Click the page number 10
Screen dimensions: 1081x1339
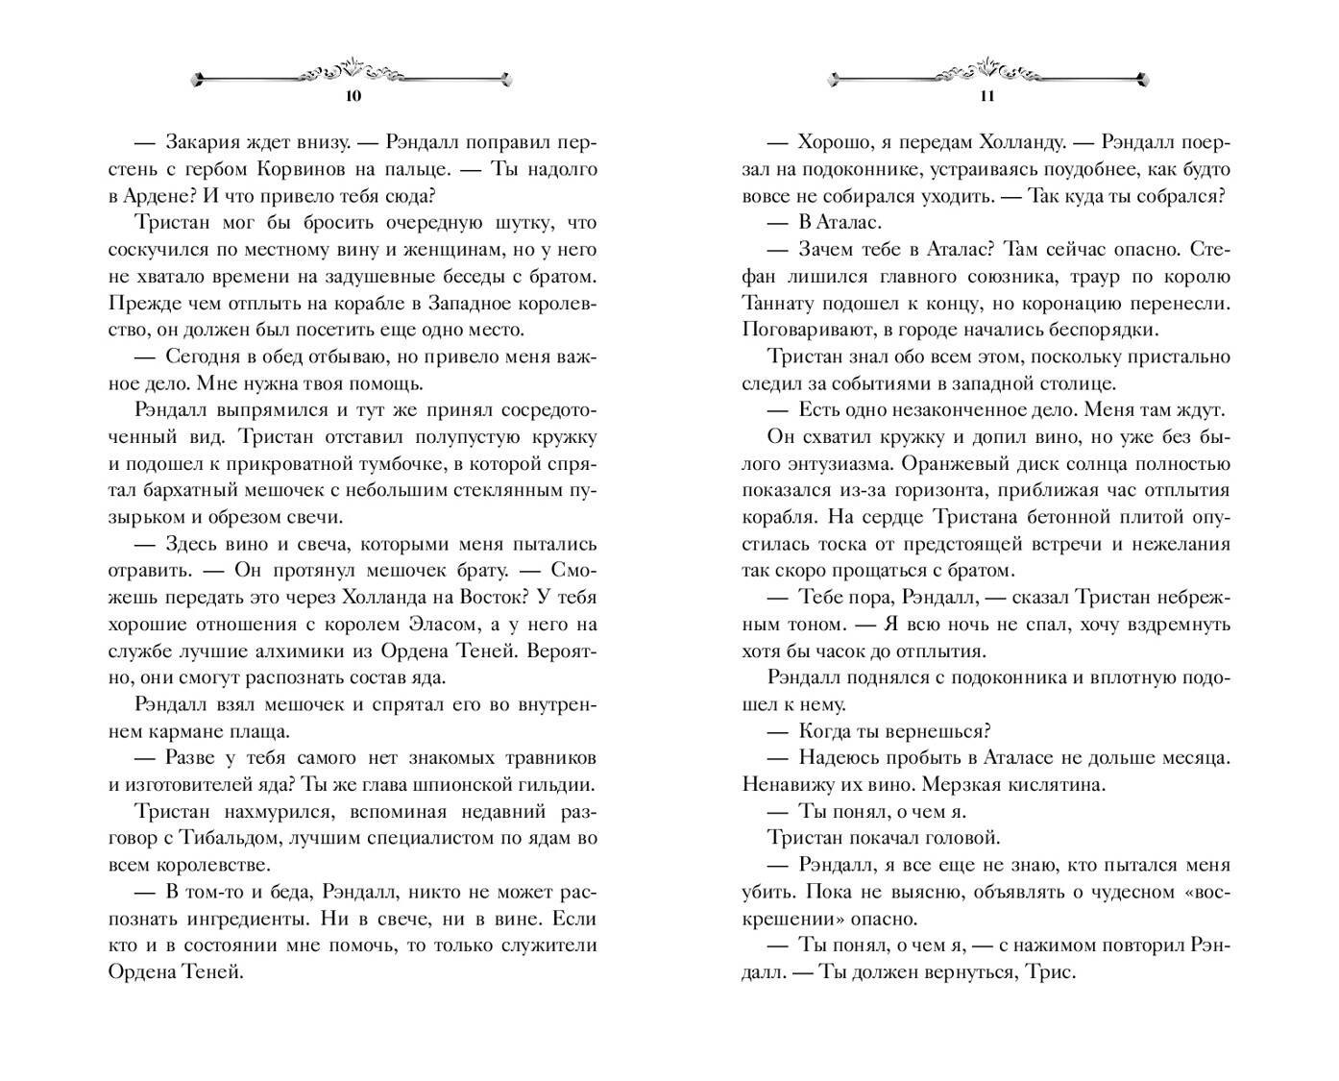353,96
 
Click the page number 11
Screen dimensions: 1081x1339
986,96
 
